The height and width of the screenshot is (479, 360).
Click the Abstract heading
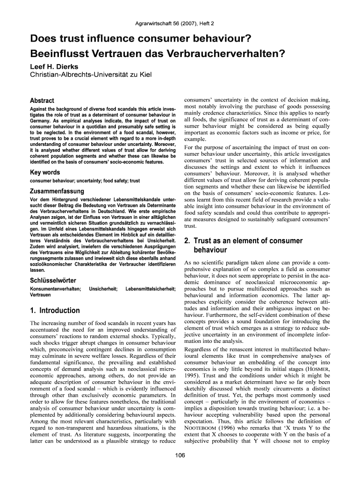point(42,101)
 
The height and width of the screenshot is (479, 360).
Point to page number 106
point(180,456)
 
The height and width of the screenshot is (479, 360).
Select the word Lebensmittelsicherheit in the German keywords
point(150,289)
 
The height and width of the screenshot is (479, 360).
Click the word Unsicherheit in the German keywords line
point(103,289)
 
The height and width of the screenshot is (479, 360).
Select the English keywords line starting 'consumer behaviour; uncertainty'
point(85,181)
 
